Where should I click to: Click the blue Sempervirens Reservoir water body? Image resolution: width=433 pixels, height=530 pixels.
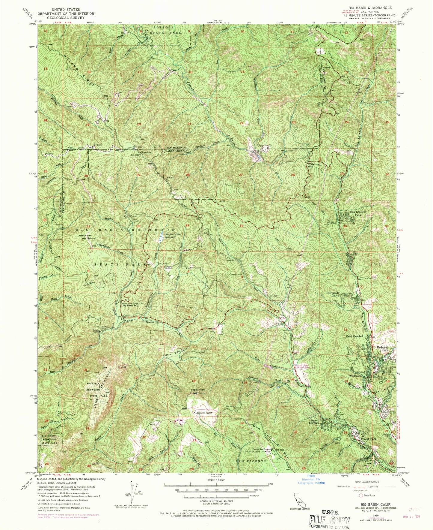point(161,238)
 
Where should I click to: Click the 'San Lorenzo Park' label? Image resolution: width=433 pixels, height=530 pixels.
point(358,214)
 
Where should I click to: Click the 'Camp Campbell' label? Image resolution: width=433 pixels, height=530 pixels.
point(355,336)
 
